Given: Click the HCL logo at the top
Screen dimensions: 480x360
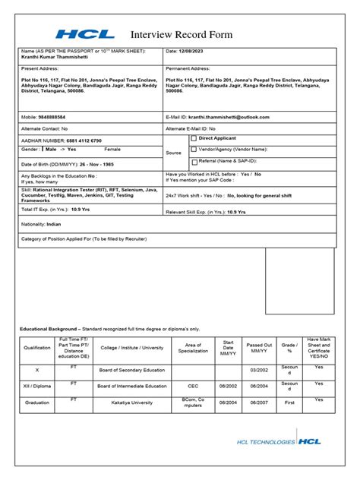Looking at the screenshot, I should tap(84, 34).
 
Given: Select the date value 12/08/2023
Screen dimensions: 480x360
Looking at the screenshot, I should tap(196, 51).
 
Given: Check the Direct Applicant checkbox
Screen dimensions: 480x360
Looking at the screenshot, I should tap(194, 139).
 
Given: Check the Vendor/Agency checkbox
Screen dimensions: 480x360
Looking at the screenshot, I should tap(194, 150).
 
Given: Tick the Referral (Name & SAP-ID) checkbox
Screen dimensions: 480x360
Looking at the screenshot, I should tap(194, 161).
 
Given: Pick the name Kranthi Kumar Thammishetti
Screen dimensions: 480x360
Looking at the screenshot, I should tap(57, 58).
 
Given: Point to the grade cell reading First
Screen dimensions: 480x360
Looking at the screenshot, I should tap(290, 403).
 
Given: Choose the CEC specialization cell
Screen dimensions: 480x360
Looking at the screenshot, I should tap(193, 386).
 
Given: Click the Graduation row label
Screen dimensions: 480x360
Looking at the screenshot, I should tap(37, 403).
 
